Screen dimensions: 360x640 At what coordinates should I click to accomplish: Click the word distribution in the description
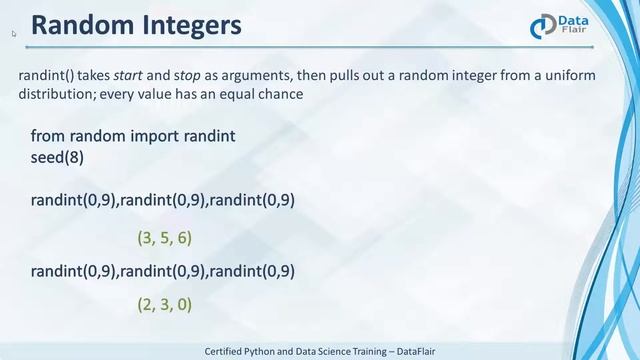53,93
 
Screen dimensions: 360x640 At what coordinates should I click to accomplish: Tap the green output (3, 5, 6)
164,238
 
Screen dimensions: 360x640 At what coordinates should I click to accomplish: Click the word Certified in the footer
229,351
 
